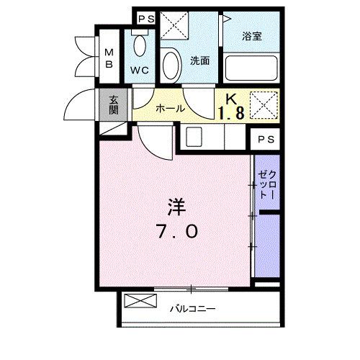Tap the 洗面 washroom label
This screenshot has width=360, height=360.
200,61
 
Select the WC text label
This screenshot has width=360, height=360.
140,71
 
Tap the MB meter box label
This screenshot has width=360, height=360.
110,58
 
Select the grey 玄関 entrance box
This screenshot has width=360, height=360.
114,106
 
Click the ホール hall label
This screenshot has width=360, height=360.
171,109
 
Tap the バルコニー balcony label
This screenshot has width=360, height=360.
193,309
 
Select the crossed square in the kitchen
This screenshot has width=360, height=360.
262,105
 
